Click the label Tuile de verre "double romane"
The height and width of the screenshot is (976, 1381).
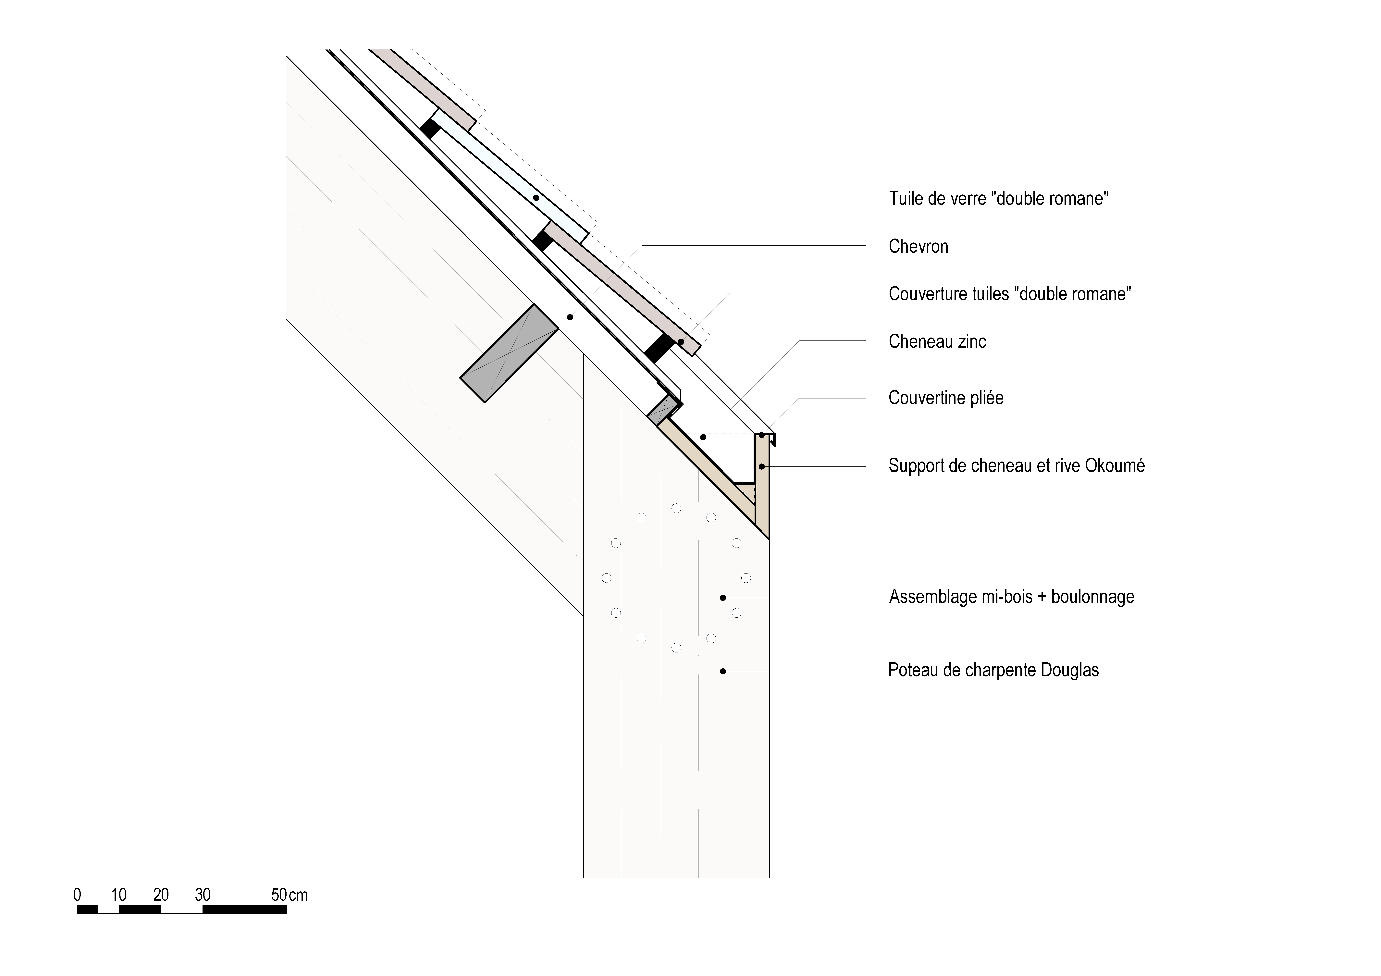point(998,198)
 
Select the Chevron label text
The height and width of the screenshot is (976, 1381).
point(918,247)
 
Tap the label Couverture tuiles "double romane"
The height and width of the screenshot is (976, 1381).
point(1009,294)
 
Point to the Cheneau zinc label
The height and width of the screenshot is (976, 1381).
point(937,341)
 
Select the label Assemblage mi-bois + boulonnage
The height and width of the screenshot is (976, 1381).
point(1011,597)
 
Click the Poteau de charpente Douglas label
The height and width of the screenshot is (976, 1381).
point(993,671)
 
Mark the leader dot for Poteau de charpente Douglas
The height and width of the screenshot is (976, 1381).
point(723,671)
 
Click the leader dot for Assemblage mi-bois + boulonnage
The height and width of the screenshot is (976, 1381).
point(723,598)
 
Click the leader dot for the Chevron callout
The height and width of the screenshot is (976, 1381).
point(570,317)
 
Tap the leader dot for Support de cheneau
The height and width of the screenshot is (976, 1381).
point(761,467)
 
